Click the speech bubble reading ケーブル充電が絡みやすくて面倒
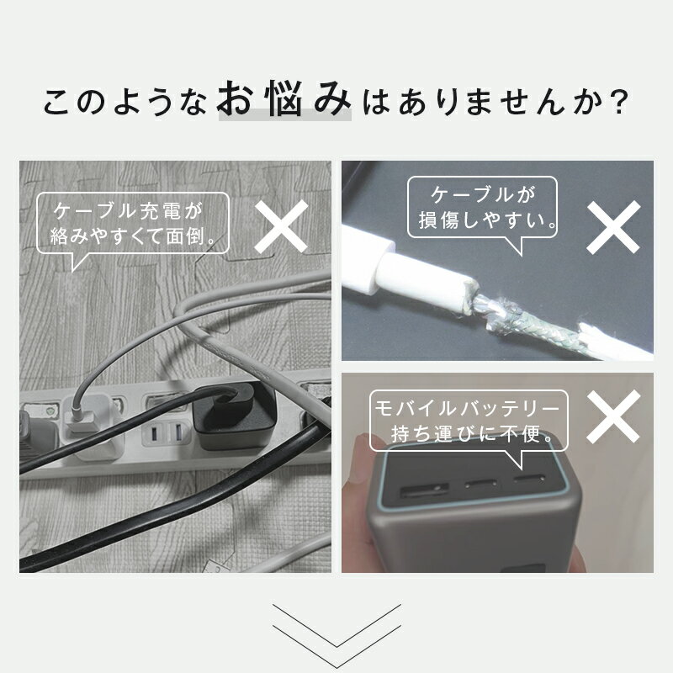(133, 225)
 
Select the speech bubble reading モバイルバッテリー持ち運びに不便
(469, 423)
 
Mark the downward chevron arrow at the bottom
(336, 625)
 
